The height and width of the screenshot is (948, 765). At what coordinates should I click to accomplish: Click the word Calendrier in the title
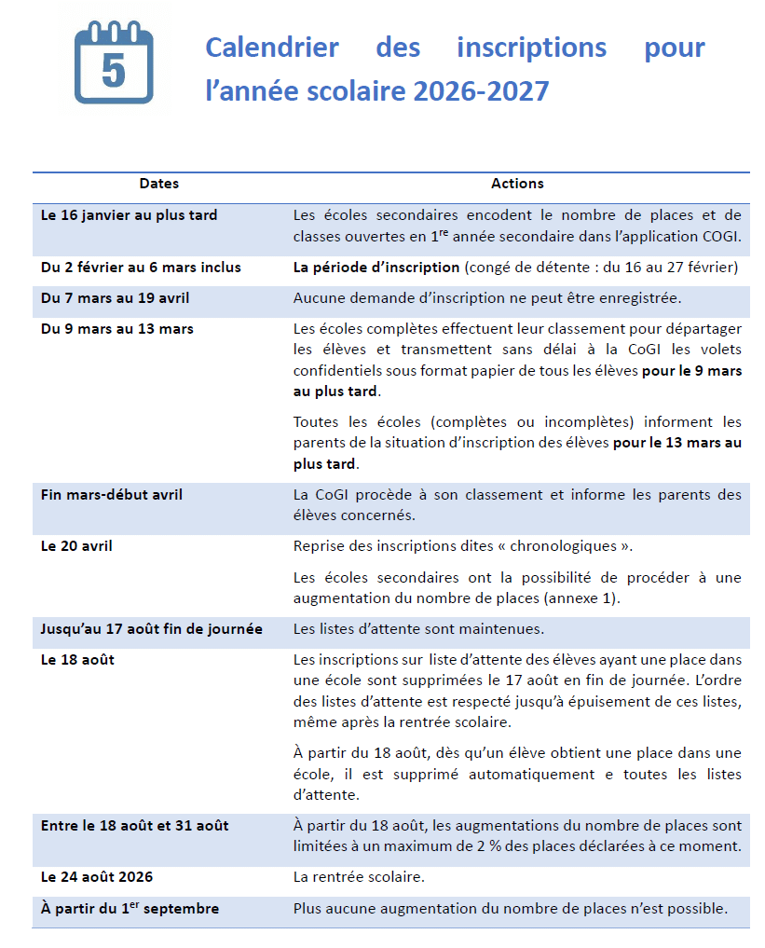click(271, 47)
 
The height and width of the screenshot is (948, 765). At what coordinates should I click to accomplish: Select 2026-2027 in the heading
click(481, 91)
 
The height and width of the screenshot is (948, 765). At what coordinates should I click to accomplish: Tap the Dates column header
click(159, 184)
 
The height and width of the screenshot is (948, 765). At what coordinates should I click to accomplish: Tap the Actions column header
click(517, 184)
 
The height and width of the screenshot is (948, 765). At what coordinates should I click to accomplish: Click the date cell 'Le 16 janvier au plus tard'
click(130, 215)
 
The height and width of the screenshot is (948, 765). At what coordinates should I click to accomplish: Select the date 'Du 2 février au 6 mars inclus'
click(141, 268)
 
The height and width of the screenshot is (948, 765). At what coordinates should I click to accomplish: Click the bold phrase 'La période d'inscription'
click(376, 268)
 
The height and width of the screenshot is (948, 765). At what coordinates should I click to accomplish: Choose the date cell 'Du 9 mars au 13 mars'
click(117, 328)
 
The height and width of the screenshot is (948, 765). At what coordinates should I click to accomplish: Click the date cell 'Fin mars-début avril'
click(112, 495)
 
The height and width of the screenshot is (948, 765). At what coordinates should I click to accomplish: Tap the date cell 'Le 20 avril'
click(76, 546)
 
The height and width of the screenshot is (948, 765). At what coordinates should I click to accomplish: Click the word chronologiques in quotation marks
click(551, 546)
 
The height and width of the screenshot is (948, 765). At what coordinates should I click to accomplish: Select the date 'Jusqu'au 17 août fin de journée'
click(152, 629)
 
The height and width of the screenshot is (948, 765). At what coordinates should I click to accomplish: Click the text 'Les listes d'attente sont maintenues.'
click(418, 629)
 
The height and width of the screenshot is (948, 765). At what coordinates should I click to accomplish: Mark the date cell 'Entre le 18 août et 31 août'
click(135, 826)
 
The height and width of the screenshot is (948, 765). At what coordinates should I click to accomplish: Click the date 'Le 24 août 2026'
click(97, 877)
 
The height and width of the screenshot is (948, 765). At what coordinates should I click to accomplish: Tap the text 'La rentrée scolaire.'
click(359, 877)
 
